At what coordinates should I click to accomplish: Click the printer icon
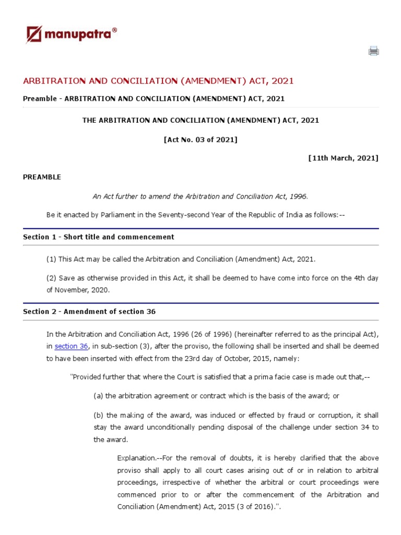(373, 51)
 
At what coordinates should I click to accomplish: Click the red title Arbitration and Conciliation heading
(158, 80)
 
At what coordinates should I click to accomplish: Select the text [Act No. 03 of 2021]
(200, 139)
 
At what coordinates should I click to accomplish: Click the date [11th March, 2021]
(343, 158)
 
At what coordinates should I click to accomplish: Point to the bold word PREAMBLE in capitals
(42, 177)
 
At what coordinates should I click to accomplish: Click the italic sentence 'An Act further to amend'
(200, 196)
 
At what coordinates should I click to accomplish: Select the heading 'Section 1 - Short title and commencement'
(99, 237)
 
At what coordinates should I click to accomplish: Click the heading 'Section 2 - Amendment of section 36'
(89, 311)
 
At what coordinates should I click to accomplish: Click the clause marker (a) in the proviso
(99, 396)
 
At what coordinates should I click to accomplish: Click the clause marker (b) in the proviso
(99, 415)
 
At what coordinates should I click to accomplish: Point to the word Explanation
(137, 458)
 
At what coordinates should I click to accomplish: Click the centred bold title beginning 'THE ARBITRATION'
(200, 120)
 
